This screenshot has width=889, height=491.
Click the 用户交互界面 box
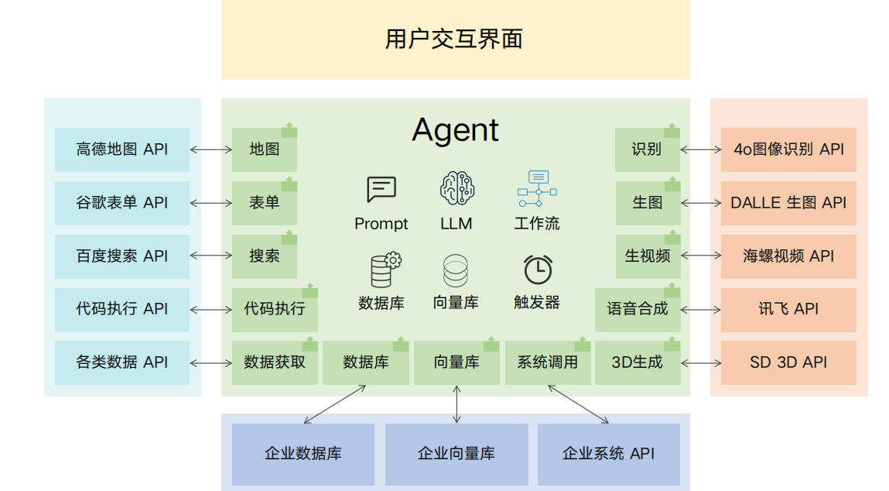pyautogui.click(x=455, y=39)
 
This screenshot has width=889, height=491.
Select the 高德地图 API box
pyautogui.click(x=122, y=149)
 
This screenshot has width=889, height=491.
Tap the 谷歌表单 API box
pyautogui.click(x=122, y=203)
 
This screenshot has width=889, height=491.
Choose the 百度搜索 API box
pyautogui.click(x=122, y=256)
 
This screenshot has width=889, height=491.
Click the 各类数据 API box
pyautogui.click(x=122, y=362)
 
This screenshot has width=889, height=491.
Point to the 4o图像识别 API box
pyautogui.click(x=788, y=149)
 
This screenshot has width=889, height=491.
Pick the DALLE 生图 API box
pyautogui.click(x=788, y=203)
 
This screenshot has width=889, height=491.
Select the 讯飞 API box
pyautogui.click(x=788, y=309)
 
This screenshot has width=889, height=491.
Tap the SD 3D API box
pyautogui.click(x=788, y=362)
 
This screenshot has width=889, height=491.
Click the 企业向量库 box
pyautogui.click(x=456, y=454)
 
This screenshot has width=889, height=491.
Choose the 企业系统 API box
pyautogui.click(x=608, y=454)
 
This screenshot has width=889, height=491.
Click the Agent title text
pyautogui.click(x=455, y=129)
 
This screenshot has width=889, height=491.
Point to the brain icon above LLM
pyautogui.click(x=456, y=189)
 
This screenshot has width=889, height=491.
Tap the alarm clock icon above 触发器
pyautogui.click(x=538, y=270)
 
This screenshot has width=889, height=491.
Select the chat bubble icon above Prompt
pyautogui.click(x=381, y=189)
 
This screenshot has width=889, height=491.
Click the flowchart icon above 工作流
pyautogui.click(x=537, y=189)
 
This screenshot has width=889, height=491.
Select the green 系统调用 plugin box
pyautogui.click(x=548, y=362)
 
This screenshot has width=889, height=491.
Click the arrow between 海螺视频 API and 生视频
pyautogui.click(x=701, y=256)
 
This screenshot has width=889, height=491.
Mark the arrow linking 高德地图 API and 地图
pyautogui.click(x=211, y=149)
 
